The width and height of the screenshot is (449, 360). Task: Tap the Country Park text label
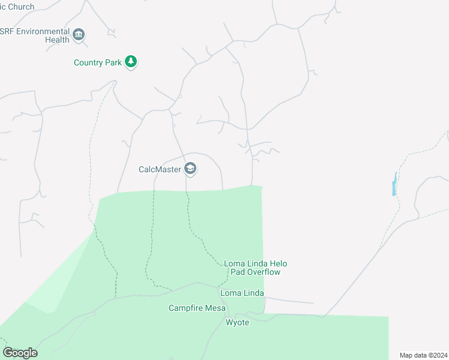[x=98, y=62]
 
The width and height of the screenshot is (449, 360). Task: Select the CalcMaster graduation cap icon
[x=190, y=169]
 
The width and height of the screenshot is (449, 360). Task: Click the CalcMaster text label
[x=160, y=169]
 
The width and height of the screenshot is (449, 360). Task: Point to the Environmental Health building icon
[x=79, y=35]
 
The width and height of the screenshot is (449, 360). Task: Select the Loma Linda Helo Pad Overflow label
[x=252, y=268]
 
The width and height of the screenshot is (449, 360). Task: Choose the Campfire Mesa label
[x=197, y=308]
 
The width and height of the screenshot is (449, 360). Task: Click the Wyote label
[x=237, y=322]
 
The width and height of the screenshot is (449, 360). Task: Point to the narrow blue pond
[x=394, y=185]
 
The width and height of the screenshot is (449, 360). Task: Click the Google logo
[x=20, y=352]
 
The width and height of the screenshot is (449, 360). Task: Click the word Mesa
[x=215, y=308]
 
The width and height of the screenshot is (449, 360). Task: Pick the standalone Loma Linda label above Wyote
[x=243, y=293]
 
